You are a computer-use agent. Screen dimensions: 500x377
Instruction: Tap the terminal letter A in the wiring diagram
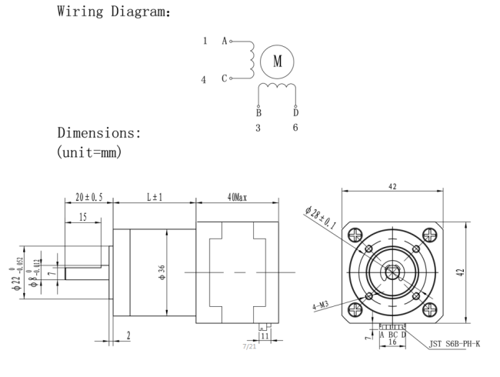pyautogui.click(x=225, y=41)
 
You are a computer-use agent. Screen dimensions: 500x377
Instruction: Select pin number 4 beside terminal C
pyautogui.click(x=203, y=79)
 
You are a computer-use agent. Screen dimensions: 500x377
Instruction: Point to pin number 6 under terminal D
pyautogui.click(x=295, y=128)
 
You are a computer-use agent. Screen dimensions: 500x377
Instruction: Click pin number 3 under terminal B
pyautogui.click(x=258, y=128)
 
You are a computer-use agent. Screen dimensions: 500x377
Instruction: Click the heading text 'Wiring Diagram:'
pyautogui.click(x=114, y=12)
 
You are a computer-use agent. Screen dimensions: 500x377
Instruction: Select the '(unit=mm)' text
pyautogui.click(x=89, y=152)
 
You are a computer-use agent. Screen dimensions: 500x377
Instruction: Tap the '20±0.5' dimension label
pyautogui.click(x=89, y=197)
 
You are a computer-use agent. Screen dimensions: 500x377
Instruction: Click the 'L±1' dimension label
pyautogui.click(x=155, y=197)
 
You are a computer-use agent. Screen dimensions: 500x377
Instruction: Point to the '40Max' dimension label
pyautogui.click(x=237, y=198)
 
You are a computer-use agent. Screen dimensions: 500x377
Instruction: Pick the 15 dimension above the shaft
pyautogui.click(x=82, y=217)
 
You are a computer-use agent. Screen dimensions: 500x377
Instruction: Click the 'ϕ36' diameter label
pyautogui.click(x=162, y=272)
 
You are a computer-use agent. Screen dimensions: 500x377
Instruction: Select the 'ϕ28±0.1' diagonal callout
pyautogui.click(x=320, y=219)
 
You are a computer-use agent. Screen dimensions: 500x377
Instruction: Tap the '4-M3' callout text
pyautogui.click(x=321, y=305)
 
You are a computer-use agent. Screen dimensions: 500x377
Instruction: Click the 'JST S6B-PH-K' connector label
pyautogui.click(x=455, y=344)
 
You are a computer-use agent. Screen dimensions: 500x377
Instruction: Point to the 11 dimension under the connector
pyautogui.click(x=265, y=336)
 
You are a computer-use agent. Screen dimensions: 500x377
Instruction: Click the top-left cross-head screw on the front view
pyautogui.click(x=355, y=235)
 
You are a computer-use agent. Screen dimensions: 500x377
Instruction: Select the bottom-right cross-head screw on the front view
pyautogui.click(x=429, y=309)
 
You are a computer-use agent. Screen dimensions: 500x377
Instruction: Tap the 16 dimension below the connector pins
pyautogui.click(x=392, y=342)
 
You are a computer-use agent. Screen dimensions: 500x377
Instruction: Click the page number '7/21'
pyautogui.click(x=249, y=346)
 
